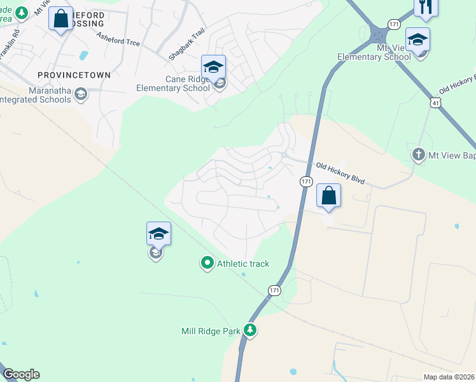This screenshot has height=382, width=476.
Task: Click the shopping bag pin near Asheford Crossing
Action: click(x=61, y=19)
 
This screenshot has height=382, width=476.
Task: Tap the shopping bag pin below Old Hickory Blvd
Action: click(x=328, y=195)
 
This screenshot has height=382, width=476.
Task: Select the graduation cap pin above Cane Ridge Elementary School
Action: click(x=213, y=66)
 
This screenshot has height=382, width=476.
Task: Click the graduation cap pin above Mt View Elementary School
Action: click(x=417, y=39)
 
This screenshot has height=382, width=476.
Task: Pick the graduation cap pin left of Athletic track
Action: click(x=158, y=234)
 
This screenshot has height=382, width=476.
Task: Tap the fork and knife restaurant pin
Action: click(x=425, y=6)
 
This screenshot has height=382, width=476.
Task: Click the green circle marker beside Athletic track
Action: click(x=207, y=262)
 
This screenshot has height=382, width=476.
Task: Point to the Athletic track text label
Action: click(x=243, y=264)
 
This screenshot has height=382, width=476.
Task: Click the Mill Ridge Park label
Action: click(x=211, y=330)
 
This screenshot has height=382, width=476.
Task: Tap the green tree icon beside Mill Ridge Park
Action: click(x=251, y=330)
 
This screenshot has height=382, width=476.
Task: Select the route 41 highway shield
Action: click(x=435, y=102)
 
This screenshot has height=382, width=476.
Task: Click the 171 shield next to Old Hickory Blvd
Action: click(x=306, y=181)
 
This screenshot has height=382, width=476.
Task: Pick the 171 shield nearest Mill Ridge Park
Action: click(x=274, y=290)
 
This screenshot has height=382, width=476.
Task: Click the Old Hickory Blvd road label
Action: click(x=340, y=173)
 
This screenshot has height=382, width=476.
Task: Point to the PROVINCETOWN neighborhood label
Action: click(x=74, y=74)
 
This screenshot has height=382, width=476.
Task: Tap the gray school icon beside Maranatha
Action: click(x=80, y=95)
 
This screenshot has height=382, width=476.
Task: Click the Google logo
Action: click(x=21, y=374)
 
